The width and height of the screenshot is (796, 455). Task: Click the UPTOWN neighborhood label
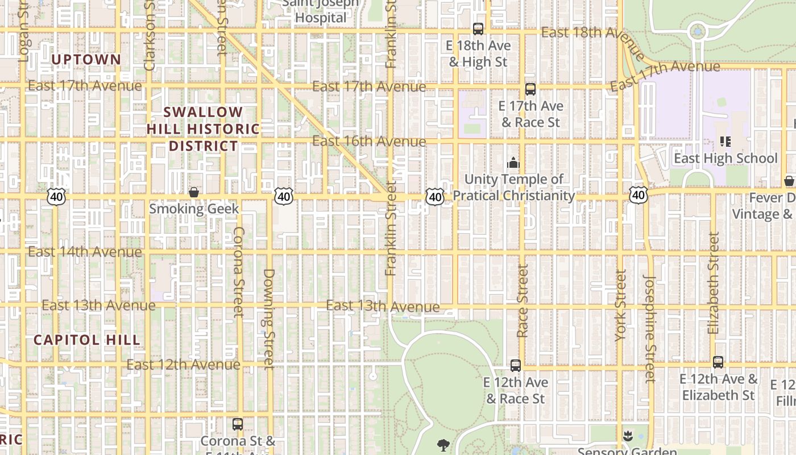coord(86,60)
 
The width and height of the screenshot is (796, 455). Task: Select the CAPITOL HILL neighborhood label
coord(86,340)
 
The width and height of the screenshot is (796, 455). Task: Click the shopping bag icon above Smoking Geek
coord(194,192)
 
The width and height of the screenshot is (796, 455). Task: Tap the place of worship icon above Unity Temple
coord(513,163)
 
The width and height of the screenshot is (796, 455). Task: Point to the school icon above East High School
coord(725,141)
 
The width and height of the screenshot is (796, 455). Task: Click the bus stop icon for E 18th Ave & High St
coord(478,28)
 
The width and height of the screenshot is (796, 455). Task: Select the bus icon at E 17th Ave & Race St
coord(530,89)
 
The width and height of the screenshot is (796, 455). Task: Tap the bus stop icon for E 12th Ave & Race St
coord(516,365)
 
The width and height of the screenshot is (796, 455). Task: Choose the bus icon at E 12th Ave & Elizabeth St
coord(718,362)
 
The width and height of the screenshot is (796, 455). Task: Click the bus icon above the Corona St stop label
coord(238,424)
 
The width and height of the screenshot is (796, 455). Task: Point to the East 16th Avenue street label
coord(369,141)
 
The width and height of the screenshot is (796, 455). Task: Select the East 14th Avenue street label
coord(85,251)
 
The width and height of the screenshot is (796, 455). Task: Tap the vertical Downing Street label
coord(269,318)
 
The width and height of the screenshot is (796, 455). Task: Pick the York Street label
coord(620,305)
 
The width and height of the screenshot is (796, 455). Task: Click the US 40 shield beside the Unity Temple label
coord(435,197)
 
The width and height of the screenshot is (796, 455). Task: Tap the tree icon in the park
coord(443,444)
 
